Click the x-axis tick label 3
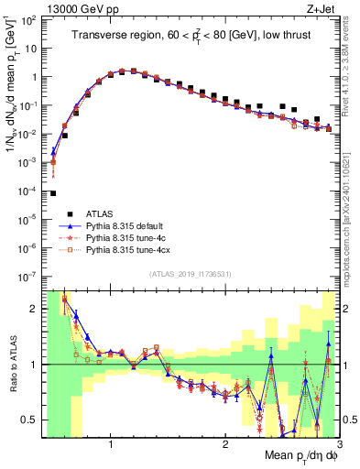[339, 443]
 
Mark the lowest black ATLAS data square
[53, 193]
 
